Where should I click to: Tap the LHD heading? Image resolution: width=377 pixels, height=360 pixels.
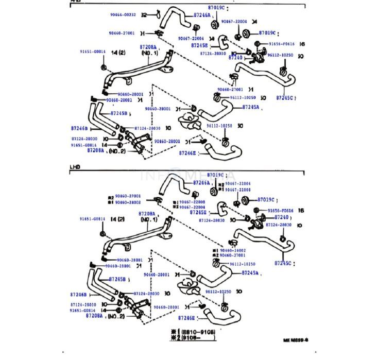click(75, 167)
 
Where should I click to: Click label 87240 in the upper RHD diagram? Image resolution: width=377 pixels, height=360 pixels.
click(235, 58)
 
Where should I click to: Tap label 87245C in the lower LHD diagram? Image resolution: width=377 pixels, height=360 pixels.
click(283, 263)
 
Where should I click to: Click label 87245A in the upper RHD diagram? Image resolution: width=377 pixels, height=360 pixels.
click(250, 108)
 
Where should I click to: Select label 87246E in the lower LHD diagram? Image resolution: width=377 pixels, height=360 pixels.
click(187, 319)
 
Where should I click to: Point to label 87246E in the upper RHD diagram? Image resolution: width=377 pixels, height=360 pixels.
click(187, 153)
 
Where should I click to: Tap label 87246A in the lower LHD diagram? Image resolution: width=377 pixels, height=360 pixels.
click(201, 182)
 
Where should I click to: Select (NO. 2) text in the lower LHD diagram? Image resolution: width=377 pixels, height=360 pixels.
click(119, 316)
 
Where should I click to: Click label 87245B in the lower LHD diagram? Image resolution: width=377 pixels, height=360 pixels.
click(118, 279)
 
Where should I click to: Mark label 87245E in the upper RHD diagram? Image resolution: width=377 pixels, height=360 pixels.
click(199, 45)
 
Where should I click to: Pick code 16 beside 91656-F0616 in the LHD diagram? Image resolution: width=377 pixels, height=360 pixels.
click(302, 211)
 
